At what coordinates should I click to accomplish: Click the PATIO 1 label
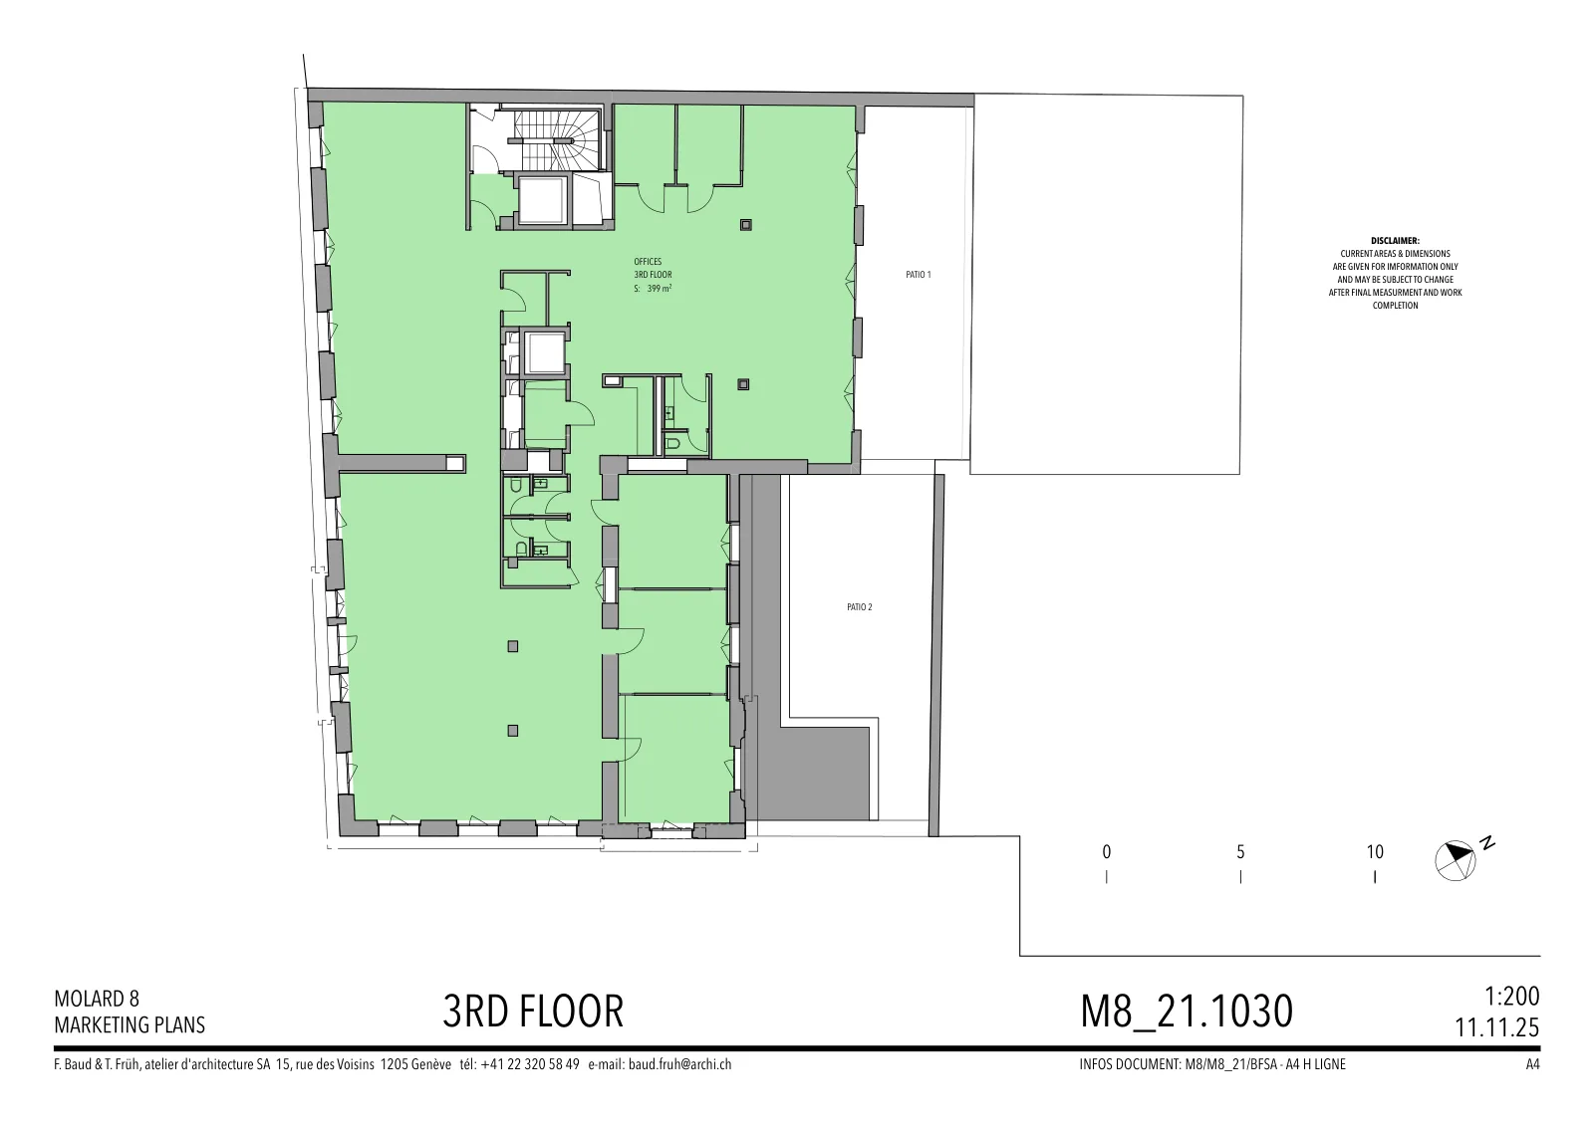918,275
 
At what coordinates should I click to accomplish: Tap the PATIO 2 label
859,607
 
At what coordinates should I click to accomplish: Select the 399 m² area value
660,288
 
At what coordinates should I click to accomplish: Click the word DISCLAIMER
1395,241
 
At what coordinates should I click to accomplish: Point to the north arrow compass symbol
1456,860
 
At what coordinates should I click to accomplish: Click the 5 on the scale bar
1240,852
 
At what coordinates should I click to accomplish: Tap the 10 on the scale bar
1375,852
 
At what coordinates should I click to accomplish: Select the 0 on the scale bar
1107,852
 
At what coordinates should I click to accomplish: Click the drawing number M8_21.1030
1187,1012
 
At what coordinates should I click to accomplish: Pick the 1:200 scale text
1511,997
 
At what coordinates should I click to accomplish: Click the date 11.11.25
1497,1027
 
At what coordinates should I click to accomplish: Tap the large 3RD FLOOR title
533,1012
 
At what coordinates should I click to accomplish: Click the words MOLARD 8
97,999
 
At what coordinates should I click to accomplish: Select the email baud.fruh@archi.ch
679,1064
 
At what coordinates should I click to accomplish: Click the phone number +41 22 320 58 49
529,1064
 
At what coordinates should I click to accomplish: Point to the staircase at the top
558,138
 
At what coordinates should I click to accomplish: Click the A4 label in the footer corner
1533,1064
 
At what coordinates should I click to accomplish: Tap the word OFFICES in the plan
648,262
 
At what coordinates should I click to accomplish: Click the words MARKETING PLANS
130,1025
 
